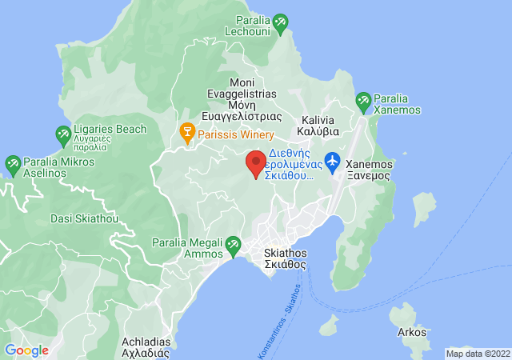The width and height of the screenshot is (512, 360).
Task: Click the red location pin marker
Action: (x=256, y=163)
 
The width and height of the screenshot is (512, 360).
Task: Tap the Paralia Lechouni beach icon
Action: (x=280, y=26)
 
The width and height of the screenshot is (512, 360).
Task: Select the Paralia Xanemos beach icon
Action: (x=364, y=102)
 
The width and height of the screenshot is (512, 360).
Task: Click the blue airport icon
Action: (x=333, y=159)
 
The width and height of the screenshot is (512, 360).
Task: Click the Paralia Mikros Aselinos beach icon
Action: (x=13, y=166)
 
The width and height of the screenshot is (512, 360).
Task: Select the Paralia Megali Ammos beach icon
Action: (x=233, y=244)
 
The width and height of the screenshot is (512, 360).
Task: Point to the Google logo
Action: (x=27, y=350)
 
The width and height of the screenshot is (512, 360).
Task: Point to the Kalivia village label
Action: (x=318, y=124)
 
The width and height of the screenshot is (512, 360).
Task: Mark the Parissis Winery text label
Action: (x=237, y=134)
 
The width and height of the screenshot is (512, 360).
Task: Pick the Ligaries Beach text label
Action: (x=112, y=129)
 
